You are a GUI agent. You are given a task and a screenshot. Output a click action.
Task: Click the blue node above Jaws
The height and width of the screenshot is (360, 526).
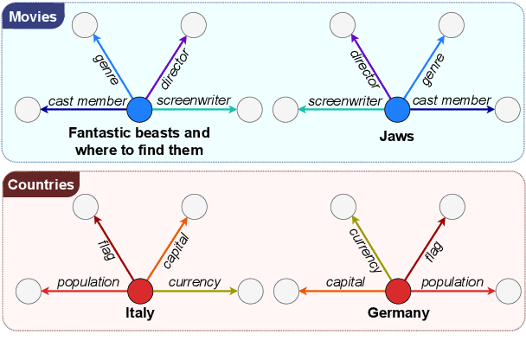pos(397,110)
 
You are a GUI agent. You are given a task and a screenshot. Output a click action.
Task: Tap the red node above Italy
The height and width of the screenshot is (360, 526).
pos(140,292)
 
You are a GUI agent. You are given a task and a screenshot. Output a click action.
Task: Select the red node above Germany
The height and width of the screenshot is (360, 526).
pos(397,292)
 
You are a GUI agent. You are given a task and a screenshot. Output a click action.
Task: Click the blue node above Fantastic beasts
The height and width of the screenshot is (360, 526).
pos(140,110)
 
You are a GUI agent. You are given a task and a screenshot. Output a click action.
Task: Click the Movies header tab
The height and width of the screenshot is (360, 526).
pos(33,16)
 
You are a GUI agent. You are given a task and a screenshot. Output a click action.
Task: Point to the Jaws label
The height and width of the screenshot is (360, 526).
pos(397,137)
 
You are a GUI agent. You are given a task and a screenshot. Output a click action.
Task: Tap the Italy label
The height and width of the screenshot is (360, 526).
pos(139,313)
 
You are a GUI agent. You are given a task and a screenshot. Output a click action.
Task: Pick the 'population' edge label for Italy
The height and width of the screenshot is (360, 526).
pos(87,282)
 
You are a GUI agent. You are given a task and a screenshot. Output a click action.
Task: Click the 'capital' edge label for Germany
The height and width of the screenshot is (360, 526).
pos(345,282)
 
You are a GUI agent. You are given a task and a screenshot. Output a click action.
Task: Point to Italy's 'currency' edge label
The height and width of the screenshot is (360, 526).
pos(194,282)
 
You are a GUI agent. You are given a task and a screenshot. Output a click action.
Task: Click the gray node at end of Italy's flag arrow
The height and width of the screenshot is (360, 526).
pos(85,206)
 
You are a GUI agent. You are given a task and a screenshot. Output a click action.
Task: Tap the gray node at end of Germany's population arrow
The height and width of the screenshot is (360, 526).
pos(508,292)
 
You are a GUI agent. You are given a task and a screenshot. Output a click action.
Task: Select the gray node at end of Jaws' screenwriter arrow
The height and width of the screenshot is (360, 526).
pos(286,110)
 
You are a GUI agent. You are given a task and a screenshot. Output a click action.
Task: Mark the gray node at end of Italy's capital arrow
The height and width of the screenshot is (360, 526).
pos(193,206)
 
